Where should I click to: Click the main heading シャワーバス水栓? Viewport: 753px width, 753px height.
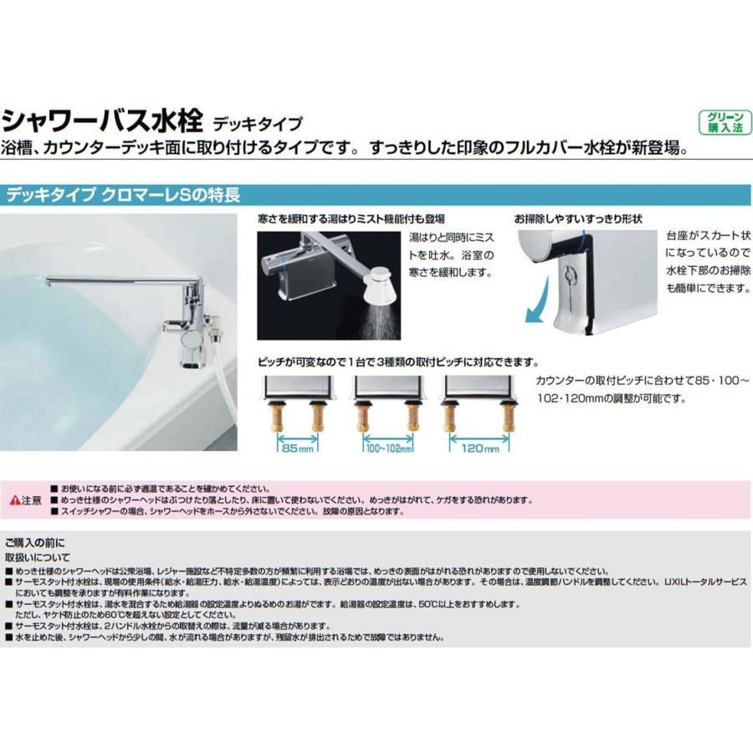[102, 122]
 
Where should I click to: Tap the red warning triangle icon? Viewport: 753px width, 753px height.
[14, 500]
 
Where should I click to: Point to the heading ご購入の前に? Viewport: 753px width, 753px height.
[34, 542]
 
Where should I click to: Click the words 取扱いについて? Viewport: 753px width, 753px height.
[38, 556]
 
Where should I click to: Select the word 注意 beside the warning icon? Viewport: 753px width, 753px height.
[32, 500]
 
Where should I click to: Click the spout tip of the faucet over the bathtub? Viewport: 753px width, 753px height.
[49, 283]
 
